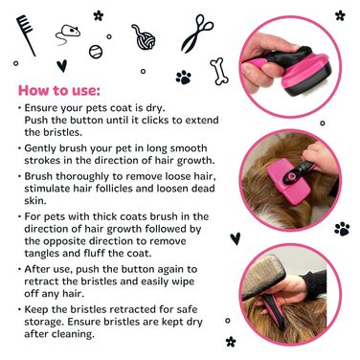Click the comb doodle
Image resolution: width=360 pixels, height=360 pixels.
pos(26,35)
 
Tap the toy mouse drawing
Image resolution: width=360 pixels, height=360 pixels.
pos(68,34)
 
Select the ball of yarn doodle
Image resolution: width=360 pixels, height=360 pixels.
pos(144,37)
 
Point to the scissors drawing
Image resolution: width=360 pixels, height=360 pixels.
pos(197,34)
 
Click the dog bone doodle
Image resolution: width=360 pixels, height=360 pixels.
pos(219,71)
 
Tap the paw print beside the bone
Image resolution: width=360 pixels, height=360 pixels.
pos(184,78)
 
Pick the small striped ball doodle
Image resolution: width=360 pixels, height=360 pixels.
pos(96,52)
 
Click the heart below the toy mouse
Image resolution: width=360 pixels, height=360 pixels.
pos(62,66)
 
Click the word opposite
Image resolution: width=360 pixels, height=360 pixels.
pos(66,241)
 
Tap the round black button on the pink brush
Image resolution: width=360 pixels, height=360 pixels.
pos(291,176)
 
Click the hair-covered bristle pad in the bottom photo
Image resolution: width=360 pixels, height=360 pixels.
pos(266,276)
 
